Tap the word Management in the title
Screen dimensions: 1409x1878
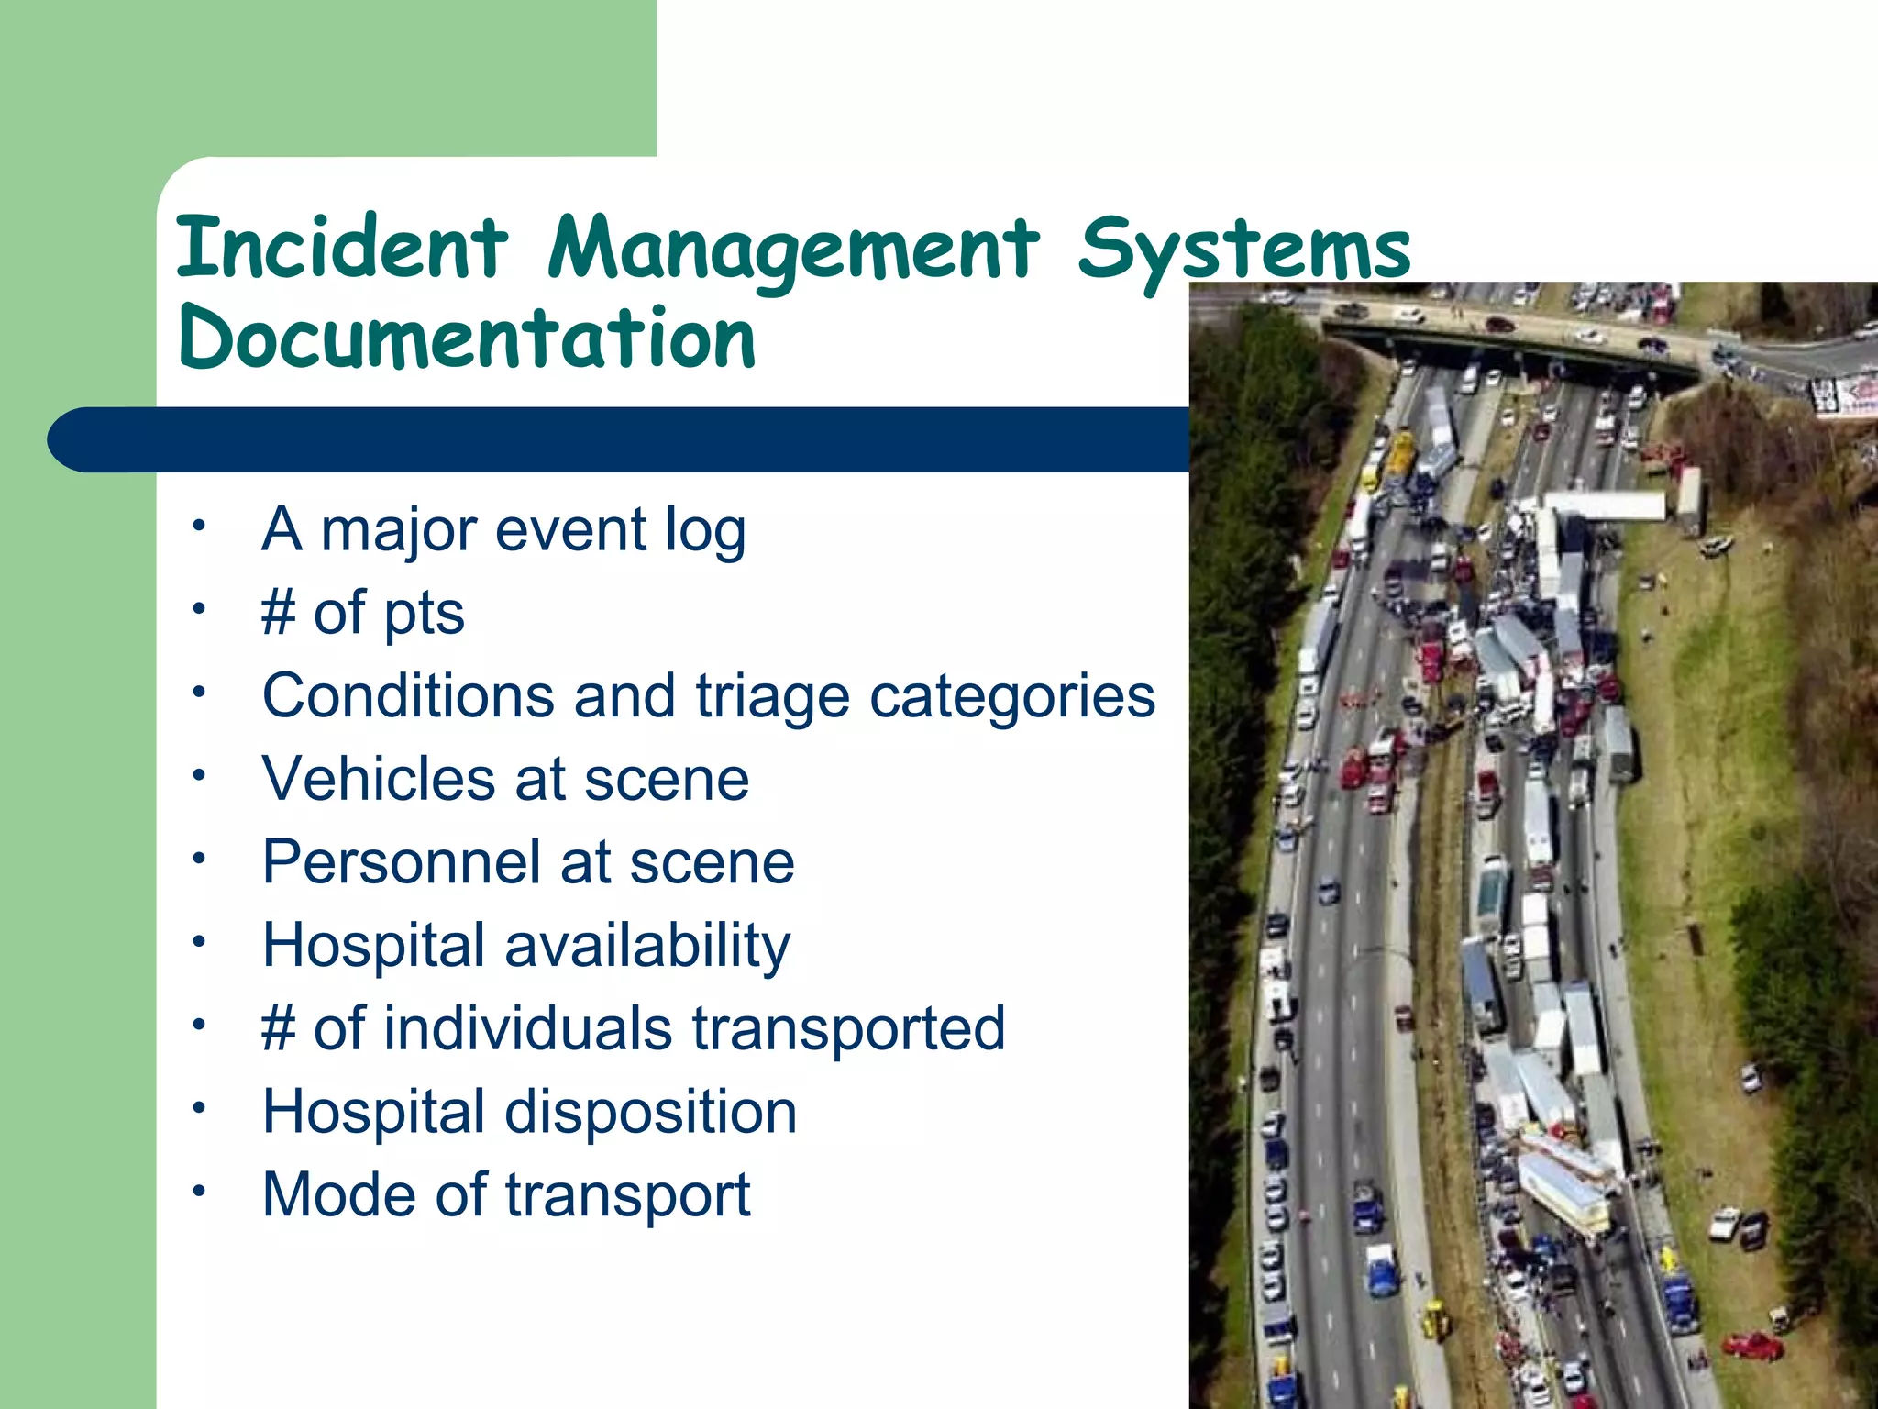click(793, 250)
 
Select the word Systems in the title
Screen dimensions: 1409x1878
click(1243, 250)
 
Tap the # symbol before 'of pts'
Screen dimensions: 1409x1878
click(279, 613)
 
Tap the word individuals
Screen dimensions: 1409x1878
click(527, 1028)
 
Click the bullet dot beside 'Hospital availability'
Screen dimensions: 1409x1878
click(198, 942)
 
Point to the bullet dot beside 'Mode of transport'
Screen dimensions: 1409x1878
click(198, 1192)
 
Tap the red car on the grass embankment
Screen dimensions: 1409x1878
click(1752, 1347)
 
